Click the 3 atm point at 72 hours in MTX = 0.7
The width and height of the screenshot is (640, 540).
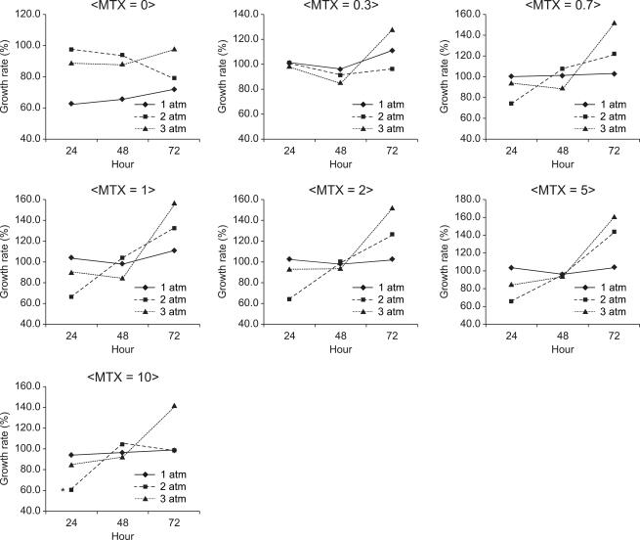pos(614,22)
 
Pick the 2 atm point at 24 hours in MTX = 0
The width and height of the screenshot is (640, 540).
pos(71,49)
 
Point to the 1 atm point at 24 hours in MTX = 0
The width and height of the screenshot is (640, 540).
pos(71,104)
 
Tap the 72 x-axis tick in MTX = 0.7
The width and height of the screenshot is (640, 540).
pos(614,151)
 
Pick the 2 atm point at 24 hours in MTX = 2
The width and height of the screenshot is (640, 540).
pos(289,298)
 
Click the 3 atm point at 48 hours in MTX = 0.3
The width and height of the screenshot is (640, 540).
pos(340,82)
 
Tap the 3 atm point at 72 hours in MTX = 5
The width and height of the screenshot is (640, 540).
pos(614,217)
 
